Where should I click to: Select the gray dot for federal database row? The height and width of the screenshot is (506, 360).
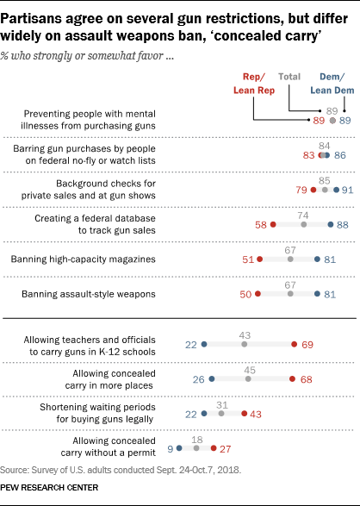tap(304, 224)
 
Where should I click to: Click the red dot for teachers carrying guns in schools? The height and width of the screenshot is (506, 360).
tap(295, 345)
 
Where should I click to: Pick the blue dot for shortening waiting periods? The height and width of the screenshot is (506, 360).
tap(204, 414)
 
